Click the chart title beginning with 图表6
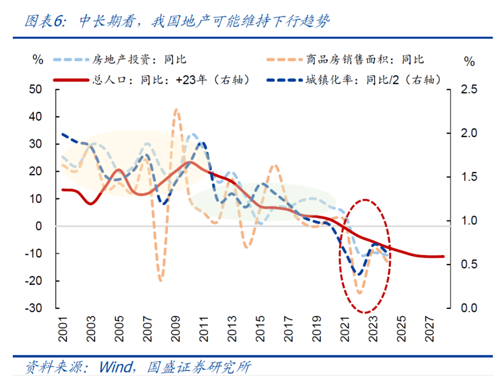click(x=176, y=21)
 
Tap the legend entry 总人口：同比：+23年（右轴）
click(x=171, y=79)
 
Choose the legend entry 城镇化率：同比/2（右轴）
click(x=379, y=79)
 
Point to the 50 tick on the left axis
click(x=36, y=89)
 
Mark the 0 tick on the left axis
click(x=39, y=226)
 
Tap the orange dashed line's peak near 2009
click(x=176, y=109)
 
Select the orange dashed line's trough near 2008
click(x=161, y=280)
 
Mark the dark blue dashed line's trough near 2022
click(x=359, y=274)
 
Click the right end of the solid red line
click(x=443, y=256)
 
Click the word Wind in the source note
click(x=115, y=367)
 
